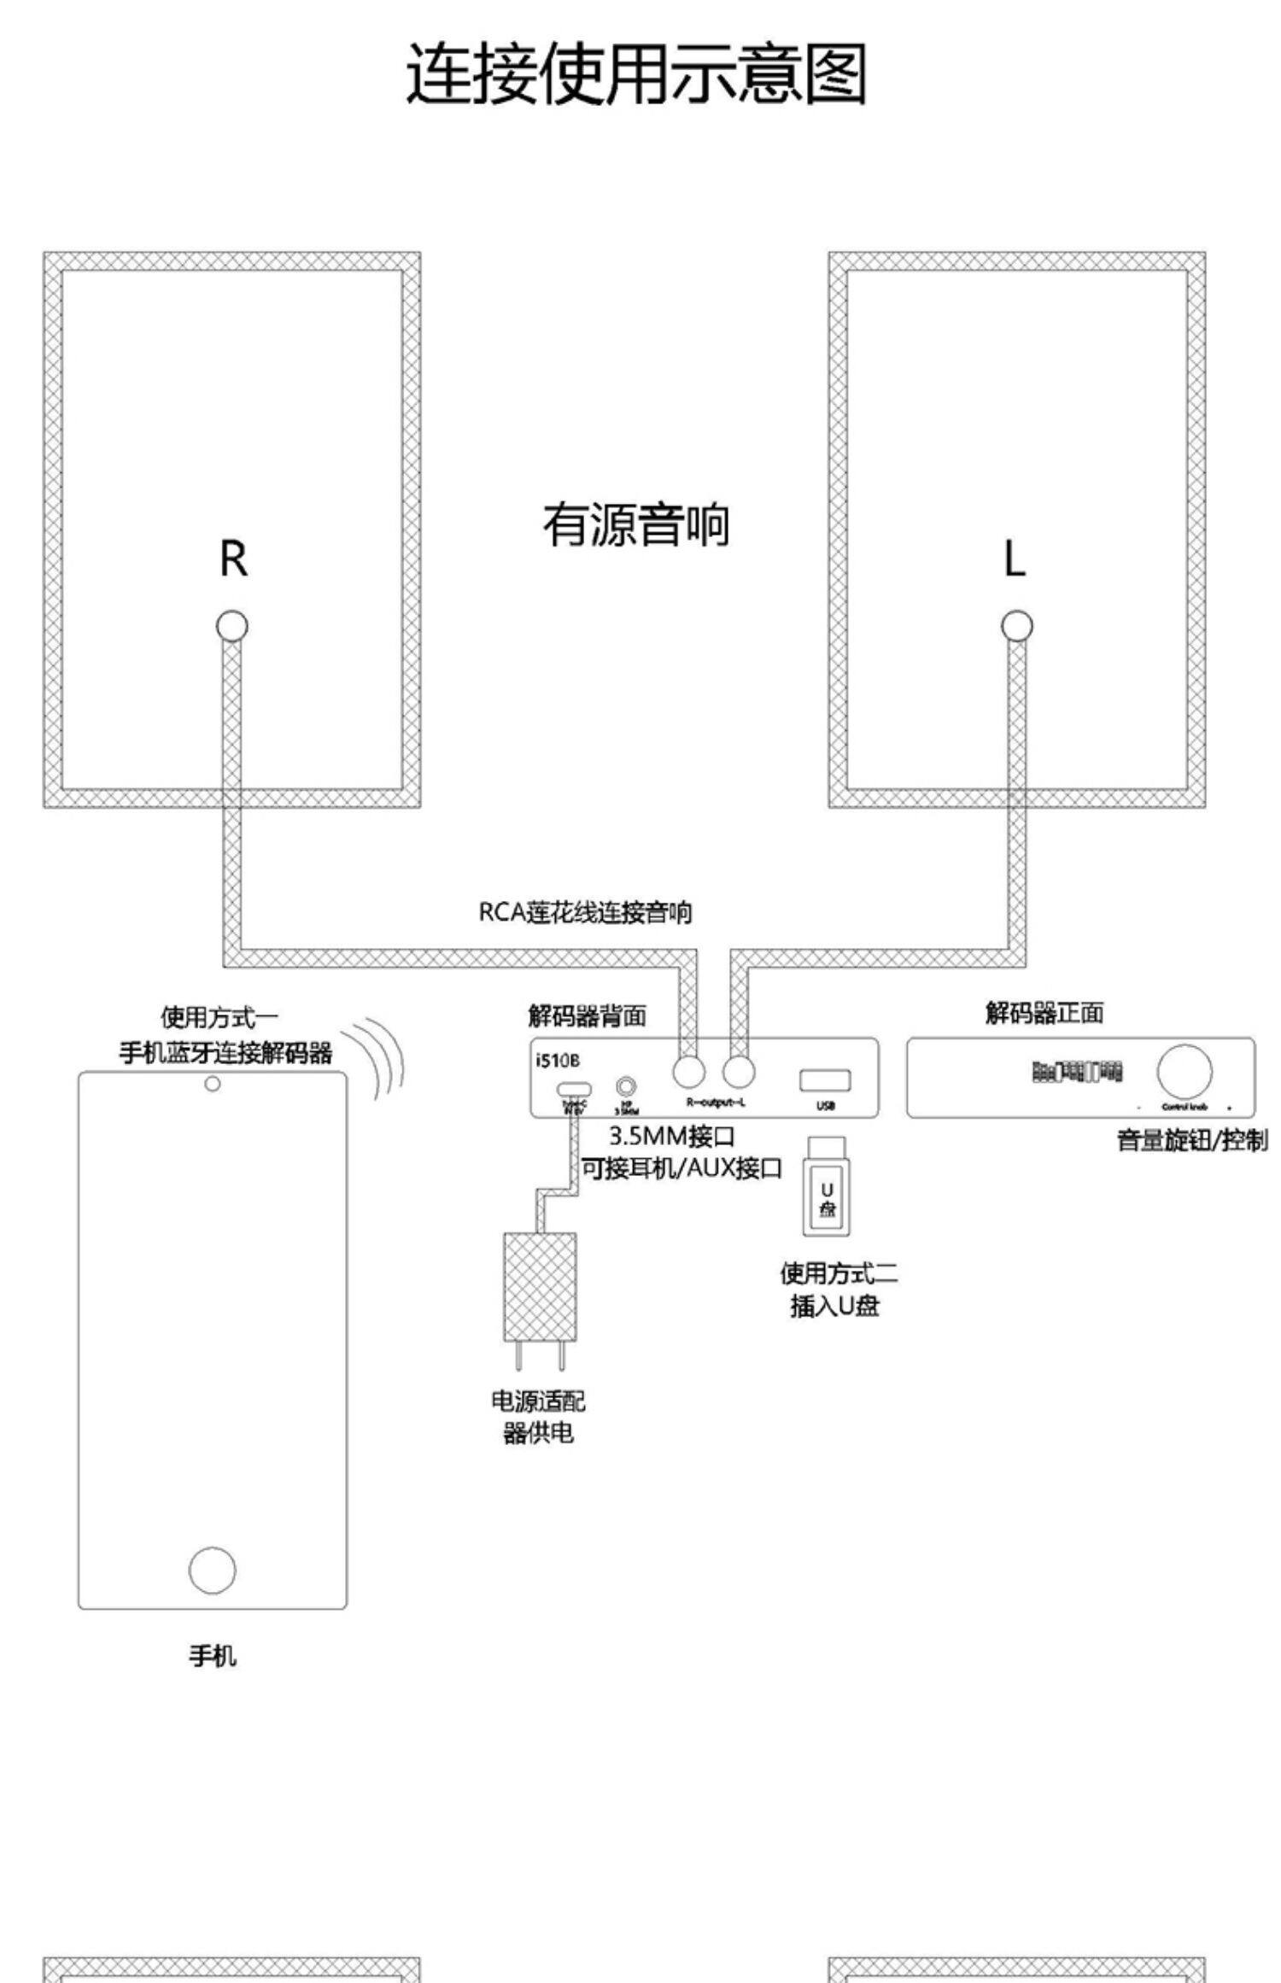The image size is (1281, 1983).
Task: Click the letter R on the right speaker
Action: point(233,559)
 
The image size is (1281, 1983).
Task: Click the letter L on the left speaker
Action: point(1015,560)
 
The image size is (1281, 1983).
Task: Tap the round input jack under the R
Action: point(231,626)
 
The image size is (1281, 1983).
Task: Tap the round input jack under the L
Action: point(1016,626)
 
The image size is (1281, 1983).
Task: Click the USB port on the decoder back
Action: point(824,1080)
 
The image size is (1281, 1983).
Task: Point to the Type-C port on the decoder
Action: point(574,1090)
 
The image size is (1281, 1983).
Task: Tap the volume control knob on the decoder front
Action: point(1184,1070)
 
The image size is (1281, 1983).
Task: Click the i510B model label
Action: point(558,1061)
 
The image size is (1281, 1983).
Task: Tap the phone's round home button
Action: point(212,1570)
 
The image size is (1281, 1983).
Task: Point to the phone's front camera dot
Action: point(213,1084)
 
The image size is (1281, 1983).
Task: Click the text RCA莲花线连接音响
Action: point(585,913)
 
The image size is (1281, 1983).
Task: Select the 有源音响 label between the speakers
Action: point(636,524)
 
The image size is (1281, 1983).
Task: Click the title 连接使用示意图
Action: point(636,74)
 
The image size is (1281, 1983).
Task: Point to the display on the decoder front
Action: point(1077,1071)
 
